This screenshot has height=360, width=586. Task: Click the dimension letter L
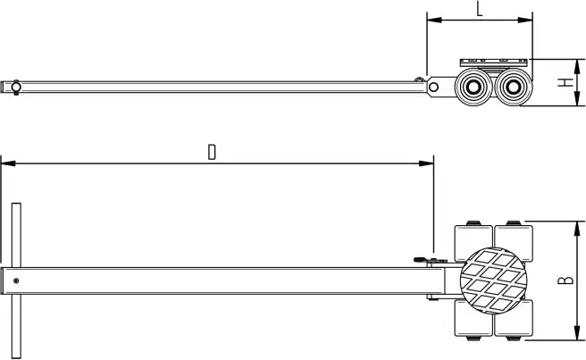pyautogui.click(x=480, y=10)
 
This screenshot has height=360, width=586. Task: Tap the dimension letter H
pyautogui.click(x=564, y=82)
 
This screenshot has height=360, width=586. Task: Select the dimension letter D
pyautogui.click(x=212, y=151)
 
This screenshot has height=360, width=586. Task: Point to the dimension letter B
pyautogui.click(x=565, y=280)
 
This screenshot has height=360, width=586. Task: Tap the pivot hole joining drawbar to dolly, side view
pyautogui.click(x=435, y=87)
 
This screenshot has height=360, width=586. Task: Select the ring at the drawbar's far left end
pyautogui.click(x=13, y=86)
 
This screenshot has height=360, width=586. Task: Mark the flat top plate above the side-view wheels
pyautogui.click(x=494, y=63)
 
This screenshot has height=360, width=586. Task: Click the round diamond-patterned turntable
pyautogui.click(x=494, y=281)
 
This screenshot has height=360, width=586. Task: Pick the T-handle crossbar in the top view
pyautogui.click(x=16, y=280)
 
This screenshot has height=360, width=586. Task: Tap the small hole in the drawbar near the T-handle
pyautogui.click(x=17, y=280)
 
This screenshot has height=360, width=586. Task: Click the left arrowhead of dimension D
pyautogui.click(x=4, y=163)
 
